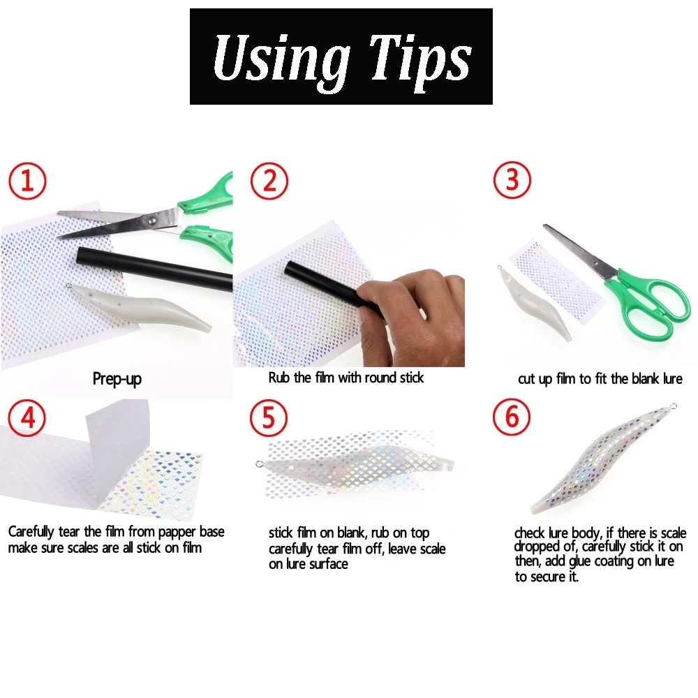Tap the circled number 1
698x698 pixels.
click(27, 181)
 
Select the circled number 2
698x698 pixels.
click(269, 181)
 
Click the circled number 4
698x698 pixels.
click(27, 417)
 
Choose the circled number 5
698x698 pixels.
click(269, 417)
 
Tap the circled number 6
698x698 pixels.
click(512, 417)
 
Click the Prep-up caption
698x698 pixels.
click(117, 379)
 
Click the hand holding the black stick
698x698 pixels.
click(412, 300)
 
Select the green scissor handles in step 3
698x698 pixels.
click(649, 300)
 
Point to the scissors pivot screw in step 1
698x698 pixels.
click(152, 220)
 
